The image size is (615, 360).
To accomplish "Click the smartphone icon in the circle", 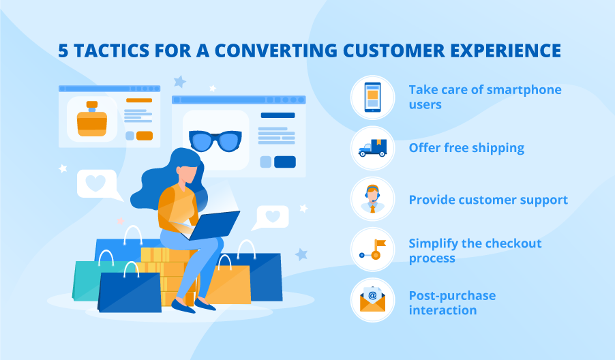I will pos(372,97).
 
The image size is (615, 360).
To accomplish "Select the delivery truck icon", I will pos(372,147).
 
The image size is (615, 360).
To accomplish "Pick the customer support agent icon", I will pos(372,198).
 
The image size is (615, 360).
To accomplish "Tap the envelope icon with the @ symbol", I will pos(372,300).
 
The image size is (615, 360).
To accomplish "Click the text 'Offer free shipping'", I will pos(466,148).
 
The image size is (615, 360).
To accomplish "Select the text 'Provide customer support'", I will pos(488,200).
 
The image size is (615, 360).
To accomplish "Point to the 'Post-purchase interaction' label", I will pos(452,303).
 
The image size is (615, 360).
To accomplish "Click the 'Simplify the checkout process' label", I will pos(475,250).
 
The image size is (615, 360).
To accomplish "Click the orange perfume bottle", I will pos(92,120).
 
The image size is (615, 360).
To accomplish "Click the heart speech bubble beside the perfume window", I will pos(97,183).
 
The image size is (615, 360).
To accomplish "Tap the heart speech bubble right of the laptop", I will pos(273,217).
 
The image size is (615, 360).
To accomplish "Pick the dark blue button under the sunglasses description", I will pos(284,162).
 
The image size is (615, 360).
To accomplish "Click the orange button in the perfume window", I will pos(144,136).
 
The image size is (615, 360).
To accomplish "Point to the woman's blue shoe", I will pos(183,306).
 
